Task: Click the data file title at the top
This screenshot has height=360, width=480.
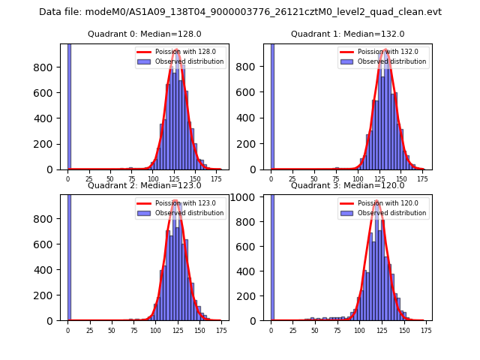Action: point(240,12)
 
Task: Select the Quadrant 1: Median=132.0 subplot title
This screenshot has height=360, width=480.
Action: point(347,34)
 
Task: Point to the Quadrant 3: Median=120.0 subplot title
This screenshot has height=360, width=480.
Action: point(347,185)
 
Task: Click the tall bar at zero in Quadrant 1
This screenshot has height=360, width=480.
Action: point(271,105)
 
